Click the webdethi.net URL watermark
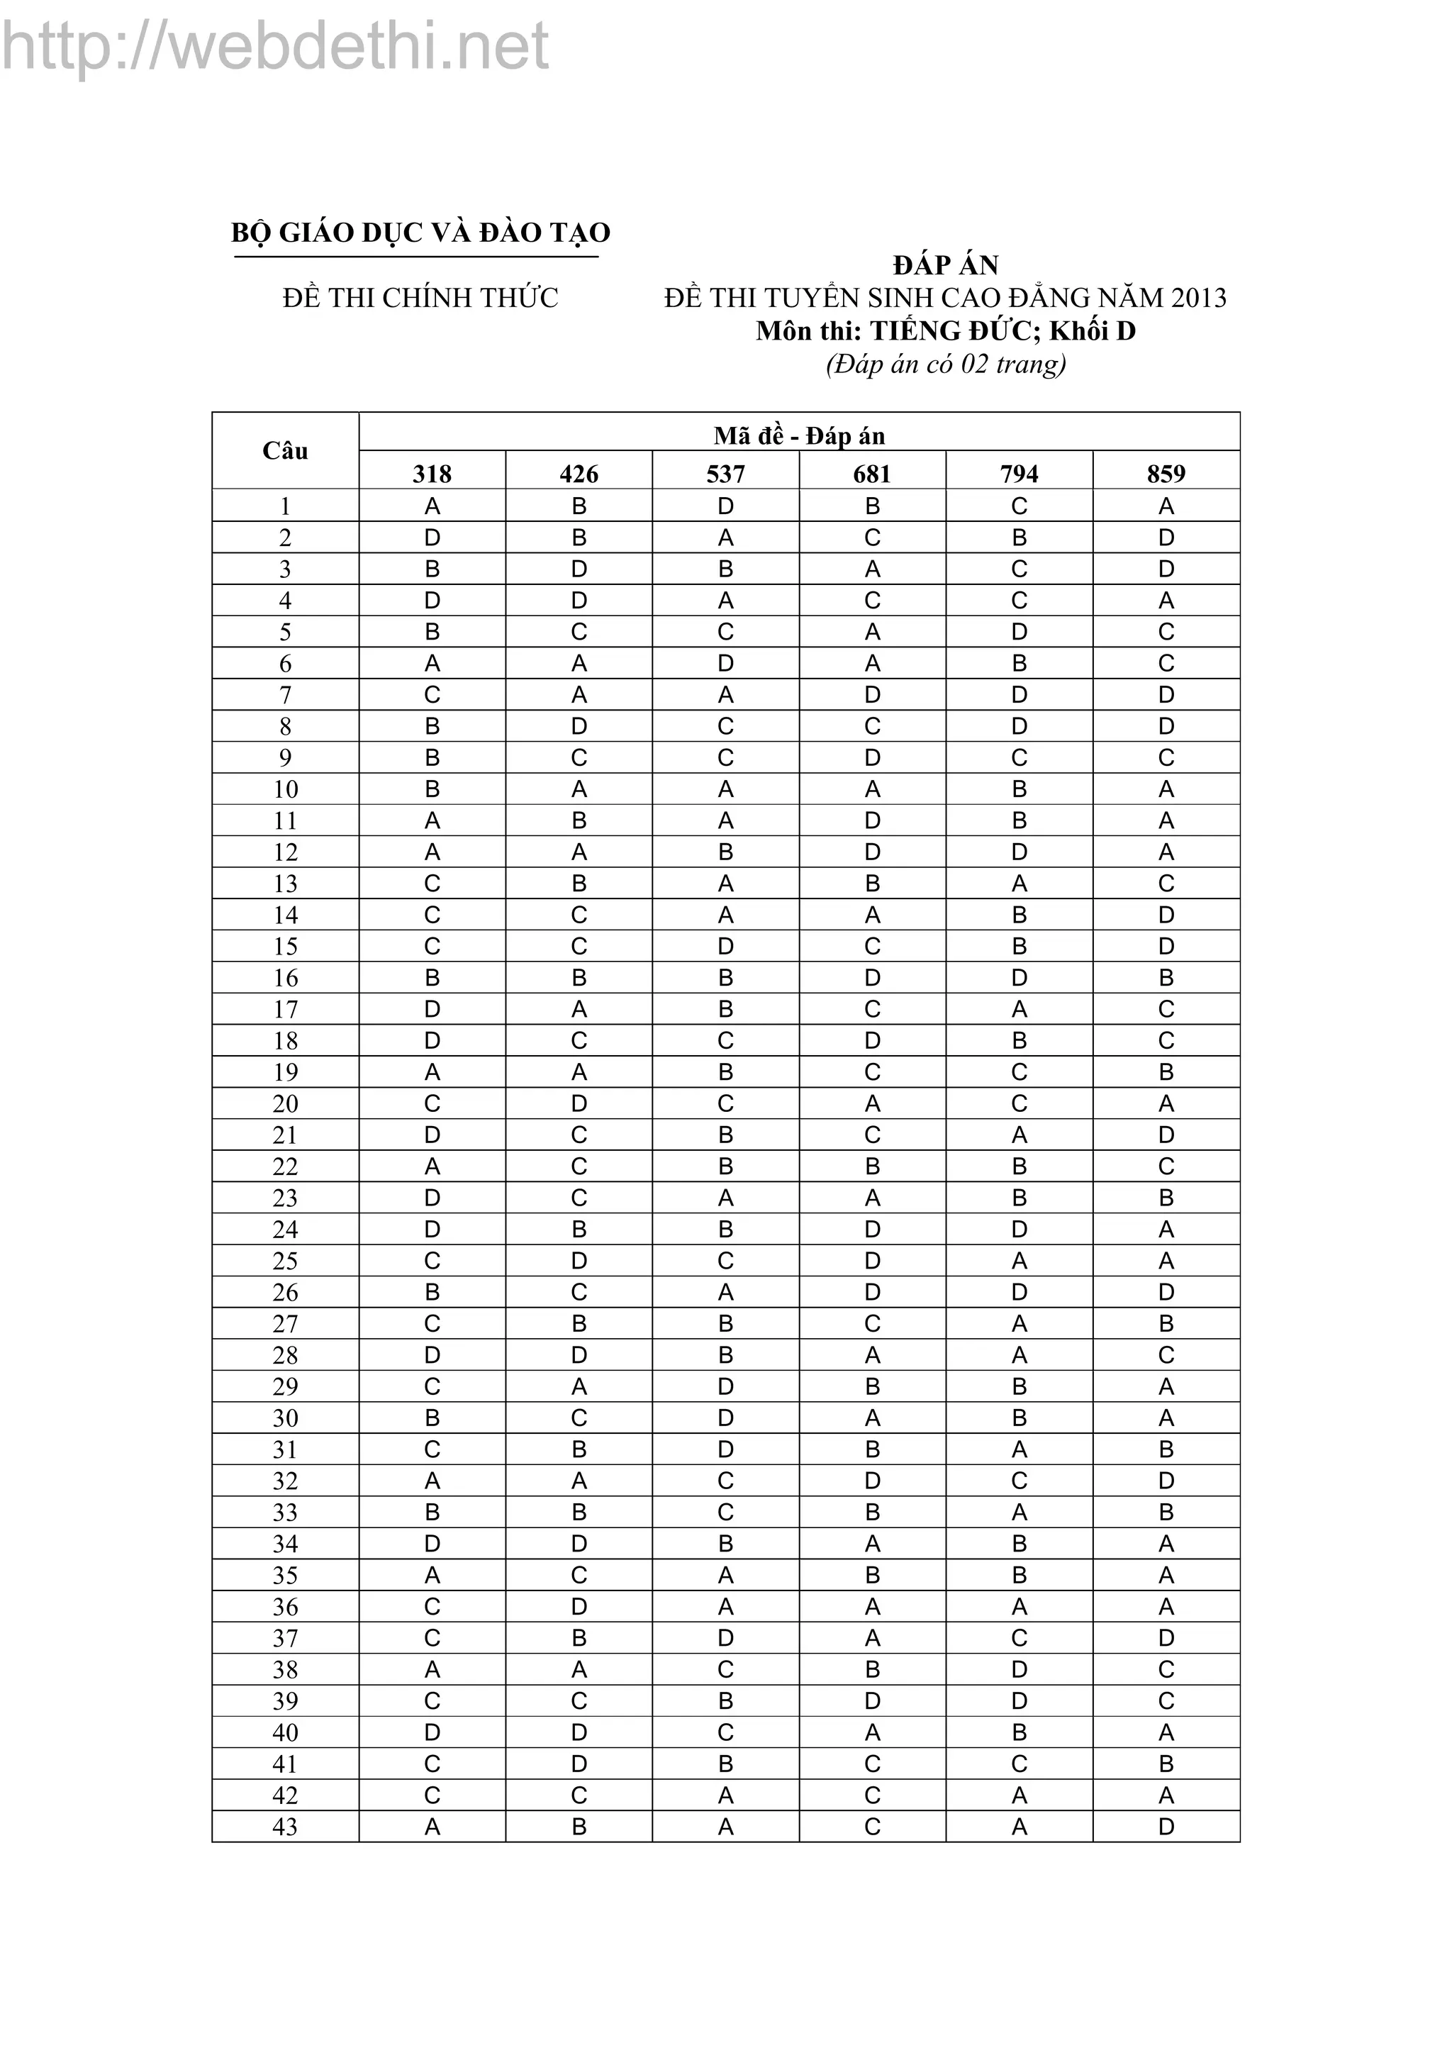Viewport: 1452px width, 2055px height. click(x=276, y=47)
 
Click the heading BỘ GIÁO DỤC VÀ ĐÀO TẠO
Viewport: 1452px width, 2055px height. click(x=420, y=233)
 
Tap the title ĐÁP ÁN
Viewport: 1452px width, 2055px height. click(x=946, y=265)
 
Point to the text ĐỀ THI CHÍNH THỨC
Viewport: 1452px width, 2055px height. click(x=420, y=298)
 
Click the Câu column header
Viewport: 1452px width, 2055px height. click(x=286, y=451)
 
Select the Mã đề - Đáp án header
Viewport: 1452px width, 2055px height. click(x=799, y=436)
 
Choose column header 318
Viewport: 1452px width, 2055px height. click(x=432, y=474)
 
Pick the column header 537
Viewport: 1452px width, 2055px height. click(x=725, y=474)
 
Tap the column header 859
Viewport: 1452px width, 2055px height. click(x=1166, y=474)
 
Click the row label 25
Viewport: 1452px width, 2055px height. click(x=286, y=1261)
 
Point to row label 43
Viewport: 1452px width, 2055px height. click(x=286, y=1827)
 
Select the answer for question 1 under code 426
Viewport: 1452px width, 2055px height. click(x=579, y=506)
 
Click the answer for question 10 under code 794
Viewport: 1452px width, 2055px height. click(x=1019, y=789)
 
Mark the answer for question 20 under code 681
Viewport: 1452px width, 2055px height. click(x=872, y=1103)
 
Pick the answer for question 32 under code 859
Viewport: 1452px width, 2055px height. click(x=1166, y=1481)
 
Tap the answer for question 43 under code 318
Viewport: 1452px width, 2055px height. click(x=432, y=1827)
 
